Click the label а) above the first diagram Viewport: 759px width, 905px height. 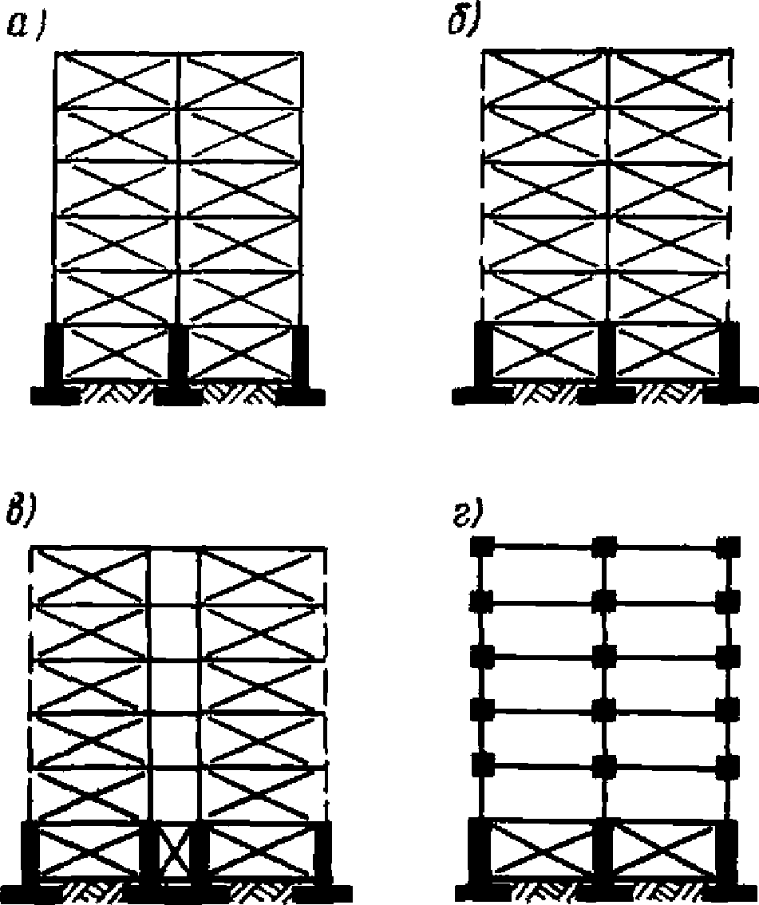[x=25, y=27]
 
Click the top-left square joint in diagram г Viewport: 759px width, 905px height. [x=480, y=547]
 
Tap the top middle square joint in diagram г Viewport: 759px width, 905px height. [x=604, y=547]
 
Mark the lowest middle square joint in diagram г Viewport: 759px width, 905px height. [x=604, y=765]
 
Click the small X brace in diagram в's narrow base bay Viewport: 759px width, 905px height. [x=173, y=854]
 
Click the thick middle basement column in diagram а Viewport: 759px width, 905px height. [x=177, y=355]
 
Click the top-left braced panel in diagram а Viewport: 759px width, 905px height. [x=115, y=80]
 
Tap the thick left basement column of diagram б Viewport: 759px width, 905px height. [x=483, y=356]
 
